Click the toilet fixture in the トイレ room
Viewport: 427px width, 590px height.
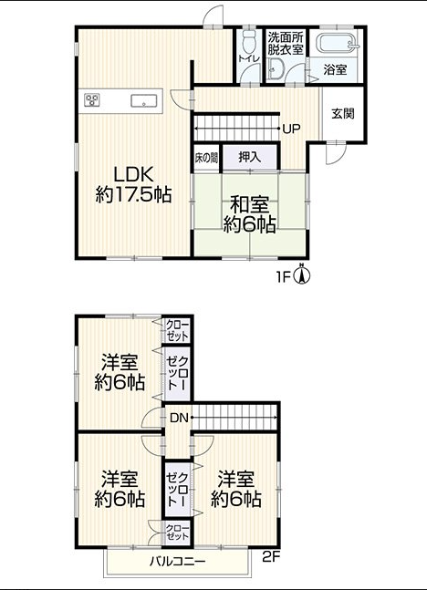point(248,41)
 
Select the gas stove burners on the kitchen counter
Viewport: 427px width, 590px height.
point(92,99)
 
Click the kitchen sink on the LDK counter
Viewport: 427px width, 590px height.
point(143,100)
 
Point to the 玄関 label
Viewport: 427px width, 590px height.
point(343,113)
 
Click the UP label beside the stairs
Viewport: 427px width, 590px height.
point(291,129)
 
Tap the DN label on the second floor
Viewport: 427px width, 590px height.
point(179,418)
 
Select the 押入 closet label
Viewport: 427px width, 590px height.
point(249,157)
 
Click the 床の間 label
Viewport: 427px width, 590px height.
point(206,158)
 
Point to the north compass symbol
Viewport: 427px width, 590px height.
point(302,274)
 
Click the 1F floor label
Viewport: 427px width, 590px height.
point(283,278)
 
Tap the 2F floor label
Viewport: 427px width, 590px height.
point(271,557)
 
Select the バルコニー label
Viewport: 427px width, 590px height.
point(178,562)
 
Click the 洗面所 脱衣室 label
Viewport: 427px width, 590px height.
point(286,44)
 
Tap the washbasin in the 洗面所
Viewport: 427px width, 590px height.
point(276,69)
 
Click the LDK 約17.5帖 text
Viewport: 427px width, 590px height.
point(134,185)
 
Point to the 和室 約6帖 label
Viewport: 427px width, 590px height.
point(249,215)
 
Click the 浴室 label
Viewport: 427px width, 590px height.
point(335,70)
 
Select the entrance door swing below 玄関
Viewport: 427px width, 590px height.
point(336,153)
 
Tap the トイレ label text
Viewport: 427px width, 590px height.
point(249,58)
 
